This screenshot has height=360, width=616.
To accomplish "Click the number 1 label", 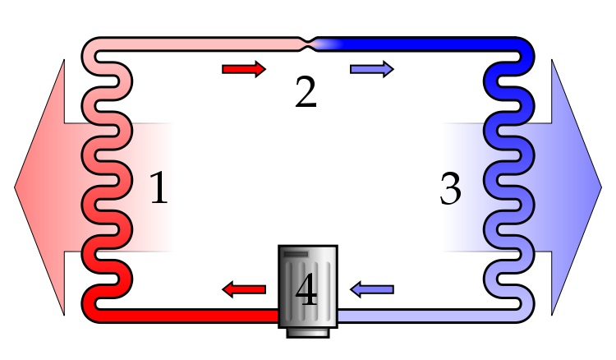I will pyautogui.click(x=159, y=189).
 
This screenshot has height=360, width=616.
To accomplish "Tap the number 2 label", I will pyautogui.click(x=306, y=93).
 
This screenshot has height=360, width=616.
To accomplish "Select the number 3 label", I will pyautogui.click(x=450, y=189).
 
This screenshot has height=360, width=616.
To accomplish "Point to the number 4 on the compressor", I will pyautogui.click(x=306, y=291).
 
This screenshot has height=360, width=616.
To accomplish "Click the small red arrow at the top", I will pyautogui.click(x=244, y=69).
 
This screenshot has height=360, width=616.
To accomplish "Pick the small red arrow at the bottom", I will pyautogui.click(x=245, y=288).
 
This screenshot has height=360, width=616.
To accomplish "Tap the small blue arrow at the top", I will pyautogui.click(x=371, y=69).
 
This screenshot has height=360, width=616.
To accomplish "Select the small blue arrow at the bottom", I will pyautogui.click(x=371, y=288).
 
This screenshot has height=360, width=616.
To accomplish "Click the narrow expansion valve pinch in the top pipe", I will pyautogui.click(x=308, y=40).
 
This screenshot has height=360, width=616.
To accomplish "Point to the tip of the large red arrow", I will pyautogui.click(x=16, y=187).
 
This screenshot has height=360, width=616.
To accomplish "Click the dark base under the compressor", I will pyautogui.click(x=307, y=332).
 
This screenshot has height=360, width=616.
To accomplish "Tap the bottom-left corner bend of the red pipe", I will pyautogui.click(x=92, y=308).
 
